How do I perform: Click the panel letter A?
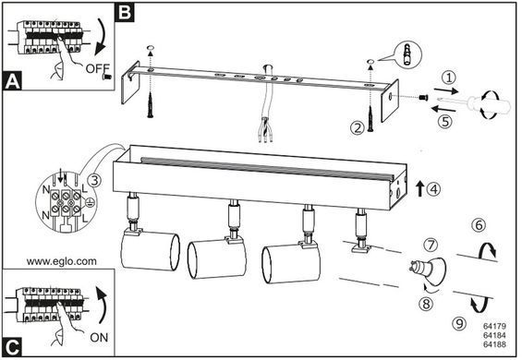coord(12,81)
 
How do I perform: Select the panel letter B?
coord(125,13)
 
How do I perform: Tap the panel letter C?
coord(13,347)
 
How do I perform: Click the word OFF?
coord(97,68)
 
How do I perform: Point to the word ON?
coord(99,337)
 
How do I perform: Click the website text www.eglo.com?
coord(62,261)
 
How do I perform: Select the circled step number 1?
coord(449,78)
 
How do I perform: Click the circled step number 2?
coord(358,127)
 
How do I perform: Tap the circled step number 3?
coord(94,180)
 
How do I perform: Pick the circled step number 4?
coord(433,189)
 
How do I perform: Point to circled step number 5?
coord(445,122)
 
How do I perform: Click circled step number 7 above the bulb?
coord(431,245)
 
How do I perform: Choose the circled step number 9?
coord(459,323)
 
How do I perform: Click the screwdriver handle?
coord(489,105)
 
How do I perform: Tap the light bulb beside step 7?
coord(429,270)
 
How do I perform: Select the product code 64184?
coord(494,335)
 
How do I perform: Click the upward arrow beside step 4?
coord(420,188)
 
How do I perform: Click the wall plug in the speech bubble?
coord(407,54)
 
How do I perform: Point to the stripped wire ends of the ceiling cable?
coord(265,135)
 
